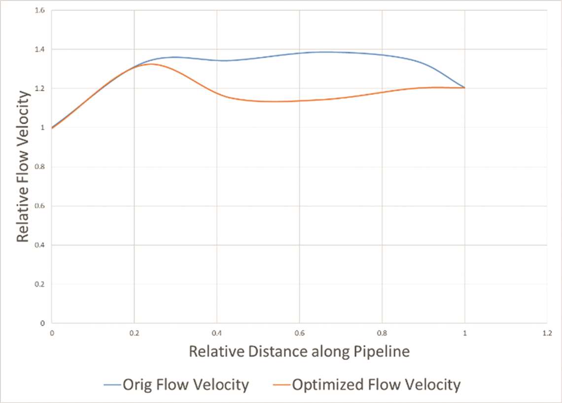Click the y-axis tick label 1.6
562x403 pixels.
41,10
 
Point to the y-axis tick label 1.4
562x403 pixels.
41,49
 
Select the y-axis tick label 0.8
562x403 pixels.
41,167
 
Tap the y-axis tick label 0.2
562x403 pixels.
41,284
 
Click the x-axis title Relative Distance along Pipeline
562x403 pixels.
299,352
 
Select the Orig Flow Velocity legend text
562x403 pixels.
185,384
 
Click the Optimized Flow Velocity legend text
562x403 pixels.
376,384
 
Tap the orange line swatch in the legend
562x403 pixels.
281,385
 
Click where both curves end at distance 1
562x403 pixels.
464,88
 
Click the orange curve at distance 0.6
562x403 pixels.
299,101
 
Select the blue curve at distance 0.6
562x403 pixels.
299,53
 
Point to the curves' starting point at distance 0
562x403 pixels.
52,128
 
